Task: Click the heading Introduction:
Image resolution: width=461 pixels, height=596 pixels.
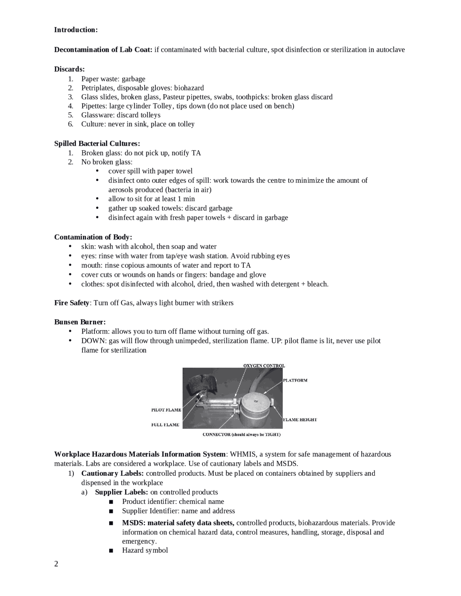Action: [76, 30]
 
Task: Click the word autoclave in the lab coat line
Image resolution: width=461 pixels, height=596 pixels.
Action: [390, 50]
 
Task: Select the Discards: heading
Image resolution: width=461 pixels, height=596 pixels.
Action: [70, 69]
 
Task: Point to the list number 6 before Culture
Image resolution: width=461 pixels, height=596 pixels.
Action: [71, 124]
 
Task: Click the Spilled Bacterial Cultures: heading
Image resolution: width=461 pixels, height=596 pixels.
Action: [97, 144]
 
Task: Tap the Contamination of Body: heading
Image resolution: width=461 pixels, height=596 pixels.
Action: [93, 237]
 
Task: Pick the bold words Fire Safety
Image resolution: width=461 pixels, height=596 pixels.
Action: [71, 303]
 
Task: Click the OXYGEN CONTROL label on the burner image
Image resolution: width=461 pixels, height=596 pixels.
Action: [264, 366]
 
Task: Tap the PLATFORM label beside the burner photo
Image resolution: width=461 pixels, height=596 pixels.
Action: [295, 380]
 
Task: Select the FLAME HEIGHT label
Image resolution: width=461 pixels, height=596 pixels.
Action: [300, 420]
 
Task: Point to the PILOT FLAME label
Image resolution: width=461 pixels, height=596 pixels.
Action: [166, 410]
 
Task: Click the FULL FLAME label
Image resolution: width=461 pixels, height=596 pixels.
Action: [165, 425]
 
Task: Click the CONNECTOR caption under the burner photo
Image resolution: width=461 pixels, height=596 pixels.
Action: [241, 434]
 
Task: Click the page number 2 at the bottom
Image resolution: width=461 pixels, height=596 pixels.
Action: [56, 564]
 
